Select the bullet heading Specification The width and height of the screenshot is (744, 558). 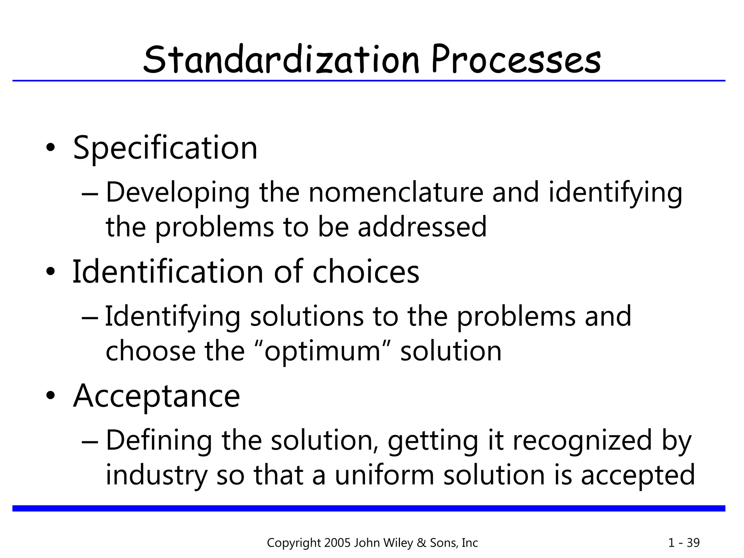[165, 148]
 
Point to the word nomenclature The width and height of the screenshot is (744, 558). [396, 192]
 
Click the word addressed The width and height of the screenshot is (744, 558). [422, 227]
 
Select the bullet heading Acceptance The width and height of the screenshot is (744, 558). [157, 396]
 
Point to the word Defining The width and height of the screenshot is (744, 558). [159, 441]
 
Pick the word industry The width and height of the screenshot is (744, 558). [157, 475]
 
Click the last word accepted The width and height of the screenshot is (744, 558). [638, 475]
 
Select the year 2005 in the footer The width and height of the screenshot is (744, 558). [337, 543]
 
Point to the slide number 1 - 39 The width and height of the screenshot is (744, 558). [684, 543]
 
